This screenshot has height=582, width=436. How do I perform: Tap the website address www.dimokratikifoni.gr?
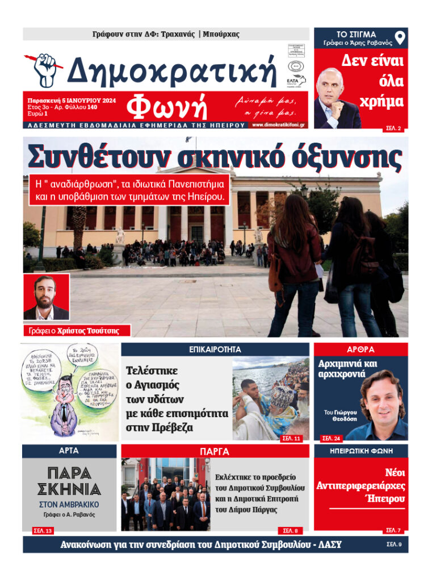pos(278,124)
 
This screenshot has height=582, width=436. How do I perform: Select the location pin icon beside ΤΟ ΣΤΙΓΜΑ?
pos(400,39)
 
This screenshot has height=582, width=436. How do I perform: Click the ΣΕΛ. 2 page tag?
pos(393,129)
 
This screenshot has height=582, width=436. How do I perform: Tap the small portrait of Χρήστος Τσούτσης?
pos(46,297)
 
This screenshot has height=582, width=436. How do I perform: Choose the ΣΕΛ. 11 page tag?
pos(291,438)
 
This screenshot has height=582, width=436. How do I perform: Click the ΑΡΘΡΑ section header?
pos(360,350)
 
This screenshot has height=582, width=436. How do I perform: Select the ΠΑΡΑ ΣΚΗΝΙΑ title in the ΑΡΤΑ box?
pos(69,481)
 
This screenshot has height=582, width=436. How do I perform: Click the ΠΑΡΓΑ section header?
pos(215,452)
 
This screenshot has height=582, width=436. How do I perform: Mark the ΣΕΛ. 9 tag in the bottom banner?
pos(393,544)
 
